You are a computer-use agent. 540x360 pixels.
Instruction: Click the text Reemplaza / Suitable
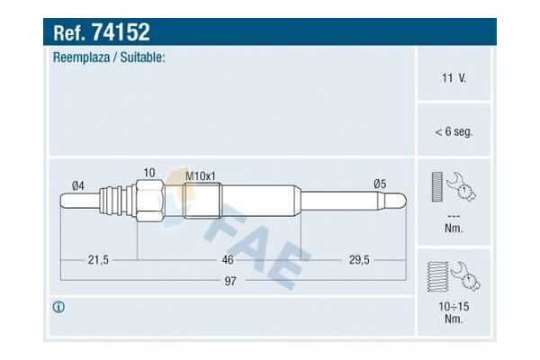point(109,58)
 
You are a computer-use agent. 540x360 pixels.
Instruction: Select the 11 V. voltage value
point(454,80)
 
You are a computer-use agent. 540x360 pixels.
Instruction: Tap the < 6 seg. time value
point(454,131)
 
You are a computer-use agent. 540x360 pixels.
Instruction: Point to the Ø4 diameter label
point(79,184)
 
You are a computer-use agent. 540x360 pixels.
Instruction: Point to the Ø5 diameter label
point(380,184)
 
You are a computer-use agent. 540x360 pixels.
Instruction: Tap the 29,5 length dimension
point(359,260)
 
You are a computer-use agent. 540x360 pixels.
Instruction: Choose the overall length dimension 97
point(231,282)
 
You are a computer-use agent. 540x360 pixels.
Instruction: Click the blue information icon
point(58,307)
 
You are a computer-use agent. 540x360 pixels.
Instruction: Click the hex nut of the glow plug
point(149,199)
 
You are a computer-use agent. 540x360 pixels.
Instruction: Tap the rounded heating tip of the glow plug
point(400,199)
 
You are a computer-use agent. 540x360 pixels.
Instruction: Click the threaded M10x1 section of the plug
point(201,199)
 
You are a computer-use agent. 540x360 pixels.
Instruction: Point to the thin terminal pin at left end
point(81,199)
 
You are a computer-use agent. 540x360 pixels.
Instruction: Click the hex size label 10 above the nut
point(148,172)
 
